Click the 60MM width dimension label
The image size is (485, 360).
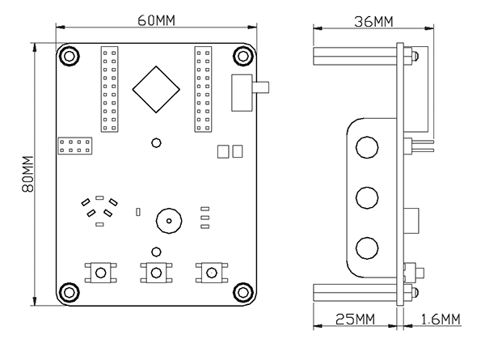point(155,20)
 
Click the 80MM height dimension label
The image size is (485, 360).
point(27,175)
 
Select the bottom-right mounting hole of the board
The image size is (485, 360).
point(242,292)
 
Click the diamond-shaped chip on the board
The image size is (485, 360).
point(155,89)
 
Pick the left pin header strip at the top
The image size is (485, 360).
point(109,89)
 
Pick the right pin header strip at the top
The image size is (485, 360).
point(202,89)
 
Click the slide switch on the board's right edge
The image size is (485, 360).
point(242,91)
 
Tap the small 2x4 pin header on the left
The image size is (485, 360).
point(75,146)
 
